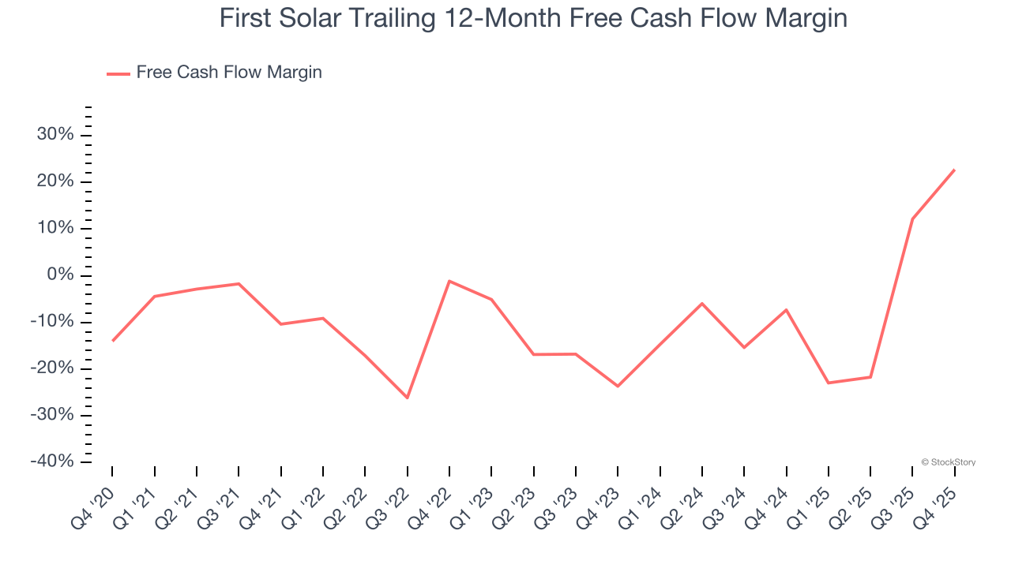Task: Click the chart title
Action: (x=533, y=18)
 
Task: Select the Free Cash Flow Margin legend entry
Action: (x=228, y=73)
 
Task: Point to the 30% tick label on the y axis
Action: (x=55, y=135)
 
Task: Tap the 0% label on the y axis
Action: (x=60, y=275)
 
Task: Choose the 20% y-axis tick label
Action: (x=55, y=181)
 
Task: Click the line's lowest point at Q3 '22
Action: (x=408, y=398)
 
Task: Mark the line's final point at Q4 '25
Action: (x=955, y=170)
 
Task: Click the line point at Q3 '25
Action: (x=912, y=219)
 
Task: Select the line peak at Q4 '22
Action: (x=449, y=281)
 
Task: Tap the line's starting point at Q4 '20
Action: (x=112, y=341)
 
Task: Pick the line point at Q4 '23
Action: (x=618, y=387)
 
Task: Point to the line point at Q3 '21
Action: (x=239, y=283)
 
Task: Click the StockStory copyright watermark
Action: (x=948, y=462)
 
